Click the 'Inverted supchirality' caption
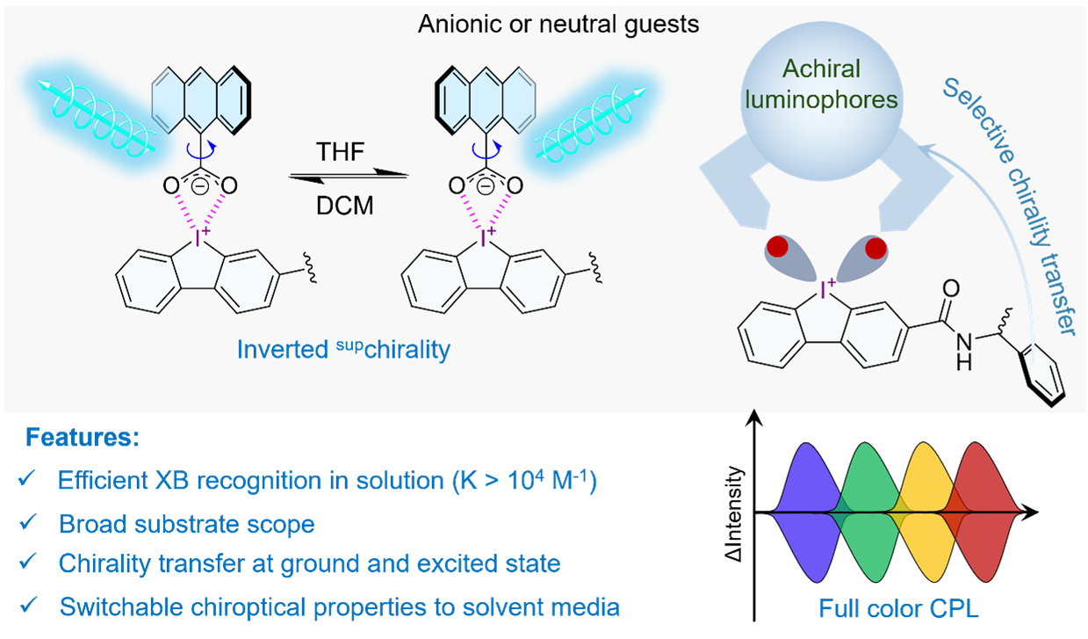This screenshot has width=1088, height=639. coord(343,350)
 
